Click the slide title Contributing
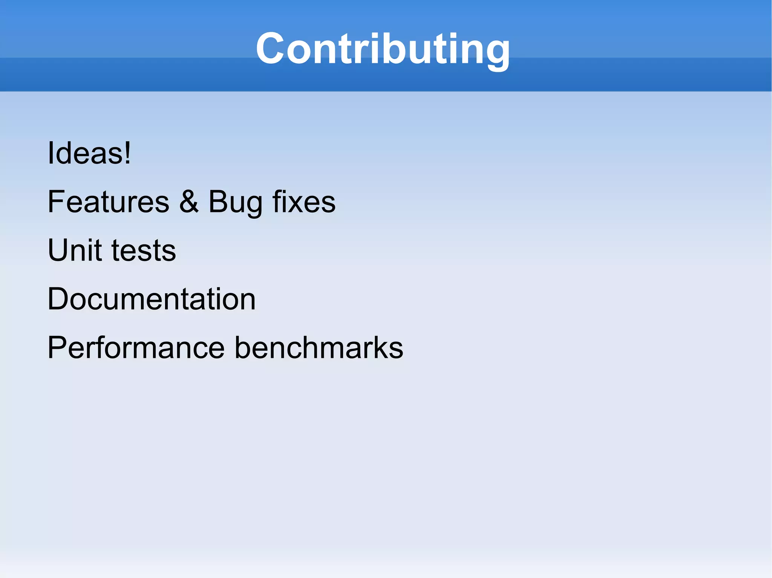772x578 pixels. tap(383, 49)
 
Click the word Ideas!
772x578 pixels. tap(89, 153)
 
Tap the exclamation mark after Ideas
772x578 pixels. tap(128, 153)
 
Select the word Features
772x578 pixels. tap(109, 202)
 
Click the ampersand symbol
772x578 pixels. tap(188, 202)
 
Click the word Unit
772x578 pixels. tap(75, 250)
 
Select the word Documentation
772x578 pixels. tap(152, 299)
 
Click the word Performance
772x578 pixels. tap(136, 348)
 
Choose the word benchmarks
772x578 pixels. tap(319, 348)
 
